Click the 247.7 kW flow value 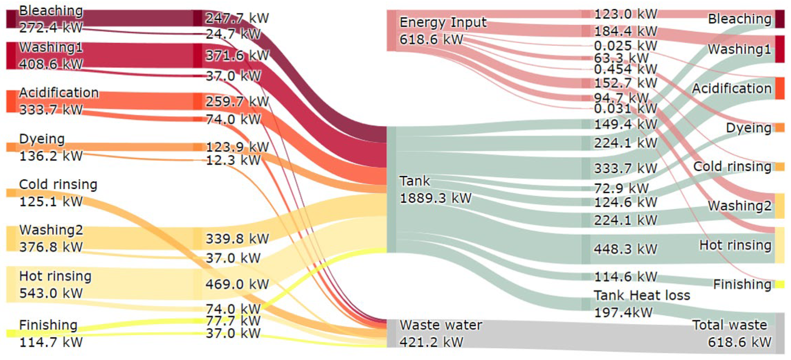pyautogui.click(x=237, y=18)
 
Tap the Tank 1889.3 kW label pyautogui.click(x=435, y=190)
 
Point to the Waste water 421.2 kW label pyautogui.click(x=440, y=333)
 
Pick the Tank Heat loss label pyautogui.click(x=642, y=296)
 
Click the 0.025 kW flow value pyautogui.click(x=625, y=46)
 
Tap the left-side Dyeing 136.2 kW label pyautogui.click(x=51, y=148)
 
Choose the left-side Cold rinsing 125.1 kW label pyautogui.click(x=58, y=193)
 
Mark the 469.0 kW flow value pyautogui.click(x=237, y=284)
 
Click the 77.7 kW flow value pyautogui.click(x=233, y=321)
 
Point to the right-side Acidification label pyautogui.click(x=731, y=88)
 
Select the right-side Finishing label pyautogui.click(x=742, y=284)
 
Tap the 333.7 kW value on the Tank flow pyautogui.click(x=625, y=169)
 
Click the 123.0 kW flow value pyautogui.click(x=625, y=14)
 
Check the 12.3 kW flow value pyautogui.click(x=233, y=160)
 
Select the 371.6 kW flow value pyautogui.click(x=237, y=56)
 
